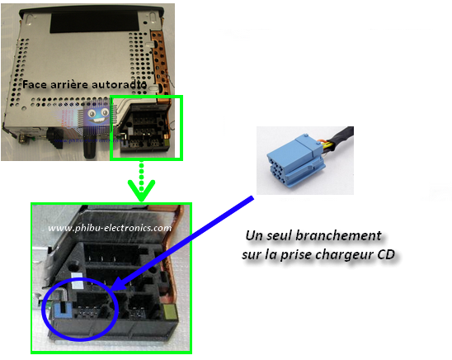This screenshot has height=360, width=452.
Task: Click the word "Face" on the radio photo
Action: [35, 84]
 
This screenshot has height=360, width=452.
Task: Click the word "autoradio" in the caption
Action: [119, 84]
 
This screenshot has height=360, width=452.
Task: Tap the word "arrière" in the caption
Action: [69, 84]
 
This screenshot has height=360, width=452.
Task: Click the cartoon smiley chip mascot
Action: [97, 116]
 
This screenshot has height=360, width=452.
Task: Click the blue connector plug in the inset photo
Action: [296, 160]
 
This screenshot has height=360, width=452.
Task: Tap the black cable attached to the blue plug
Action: [340, 139]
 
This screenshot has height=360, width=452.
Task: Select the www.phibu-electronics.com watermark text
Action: [110, 228]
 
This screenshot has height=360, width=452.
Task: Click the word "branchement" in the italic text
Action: [339, 235]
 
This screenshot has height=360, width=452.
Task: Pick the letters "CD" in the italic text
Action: [386, 254]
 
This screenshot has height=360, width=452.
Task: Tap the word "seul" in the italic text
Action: [280, 235]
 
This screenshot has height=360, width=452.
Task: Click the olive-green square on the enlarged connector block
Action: [169, 312]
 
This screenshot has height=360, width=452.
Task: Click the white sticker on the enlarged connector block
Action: [77, 281]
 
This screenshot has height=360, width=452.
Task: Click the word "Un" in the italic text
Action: [254, 235]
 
